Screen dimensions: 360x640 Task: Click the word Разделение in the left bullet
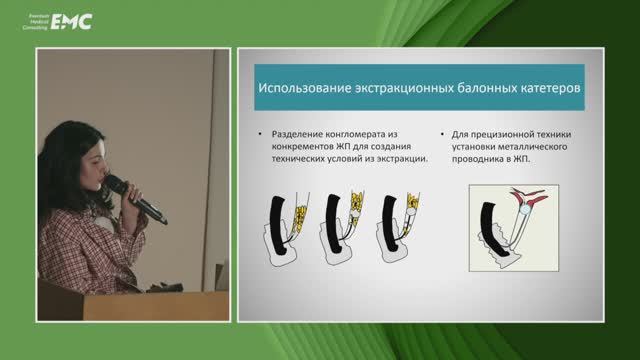297,132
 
